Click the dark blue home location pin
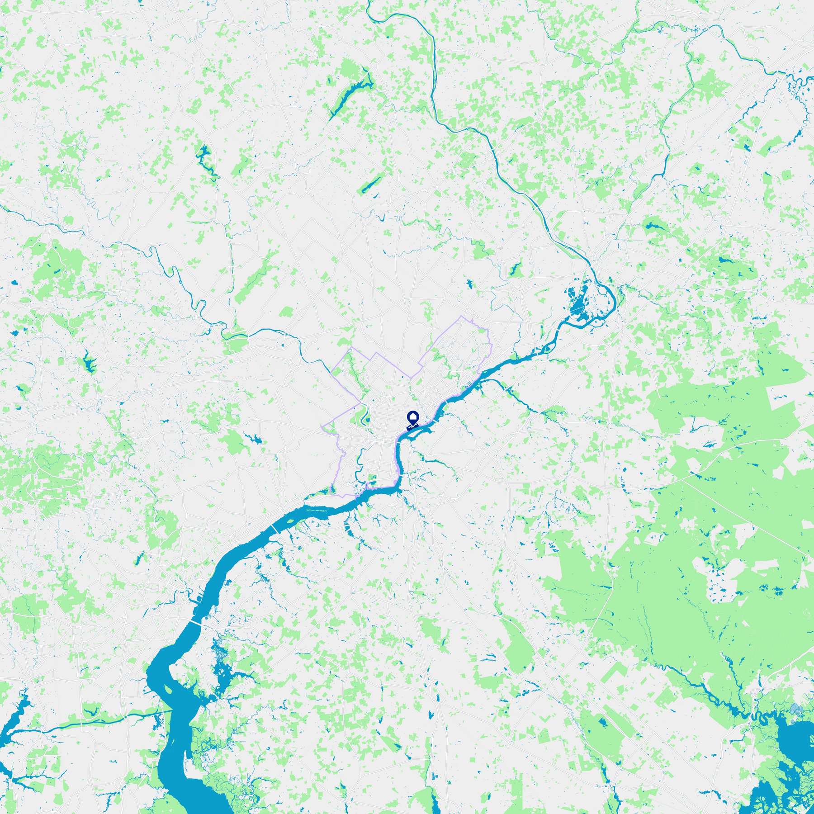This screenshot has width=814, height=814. (413, 418)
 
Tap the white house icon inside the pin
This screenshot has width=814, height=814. (413, 416)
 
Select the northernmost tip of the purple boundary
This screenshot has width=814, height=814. (461, 316)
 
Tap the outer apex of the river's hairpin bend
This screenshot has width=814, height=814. (615, 298)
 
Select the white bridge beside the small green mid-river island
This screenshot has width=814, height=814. (274, 529)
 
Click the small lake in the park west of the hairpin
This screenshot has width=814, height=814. (515, 270)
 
